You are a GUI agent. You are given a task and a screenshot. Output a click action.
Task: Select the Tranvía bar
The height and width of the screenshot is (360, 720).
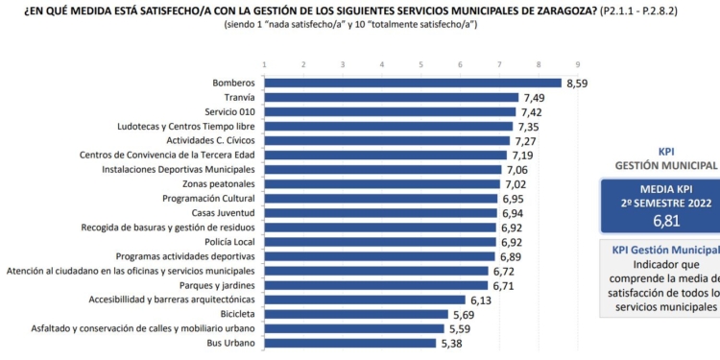391,97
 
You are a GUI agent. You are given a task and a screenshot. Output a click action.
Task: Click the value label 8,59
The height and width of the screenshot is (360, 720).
577,84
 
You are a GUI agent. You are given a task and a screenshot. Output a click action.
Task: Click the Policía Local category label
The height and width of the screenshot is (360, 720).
228,242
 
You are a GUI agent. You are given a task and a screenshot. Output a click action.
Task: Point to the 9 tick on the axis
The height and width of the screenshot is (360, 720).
577,64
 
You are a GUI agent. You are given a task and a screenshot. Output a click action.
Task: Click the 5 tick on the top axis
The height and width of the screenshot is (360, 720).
420,64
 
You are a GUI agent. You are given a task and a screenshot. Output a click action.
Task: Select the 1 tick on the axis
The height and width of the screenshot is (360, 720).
264,64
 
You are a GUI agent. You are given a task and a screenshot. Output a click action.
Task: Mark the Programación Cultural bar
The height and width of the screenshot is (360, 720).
380,199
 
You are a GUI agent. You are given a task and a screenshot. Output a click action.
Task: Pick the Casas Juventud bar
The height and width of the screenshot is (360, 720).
380,213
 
